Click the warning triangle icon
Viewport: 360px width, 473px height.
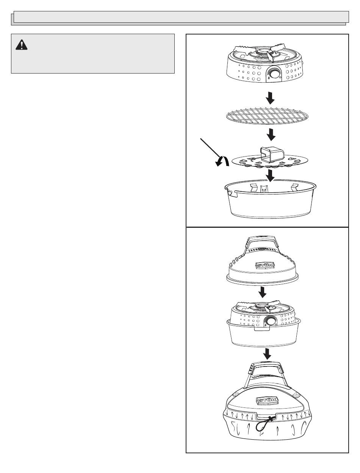click(21, 45)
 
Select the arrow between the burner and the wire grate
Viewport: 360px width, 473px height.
click(270, 98)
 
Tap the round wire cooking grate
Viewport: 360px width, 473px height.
click(267, 116)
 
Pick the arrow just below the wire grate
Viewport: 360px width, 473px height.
click(271, 135)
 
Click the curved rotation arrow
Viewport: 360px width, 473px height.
click(222, 161)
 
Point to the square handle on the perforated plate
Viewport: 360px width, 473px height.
click(271, 155)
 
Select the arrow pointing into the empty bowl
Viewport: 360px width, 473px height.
click(270, 175)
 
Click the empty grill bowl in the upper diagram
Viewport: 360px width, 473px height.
click(270, 199)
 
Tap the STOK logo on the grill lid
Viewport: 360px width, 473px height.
click(265, 265)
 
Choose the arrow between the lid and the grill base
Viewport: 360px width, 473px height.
click(262, 293)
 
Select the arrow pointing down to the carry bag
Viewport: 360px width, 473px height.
click(268, 354)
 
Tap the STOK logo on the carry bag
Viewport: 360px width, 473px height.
click(268, 400)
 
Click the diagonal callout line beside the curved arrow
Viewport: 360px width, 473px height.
click(210, 149)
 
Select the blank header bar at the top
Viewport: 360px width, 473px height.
click(181, 17)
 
